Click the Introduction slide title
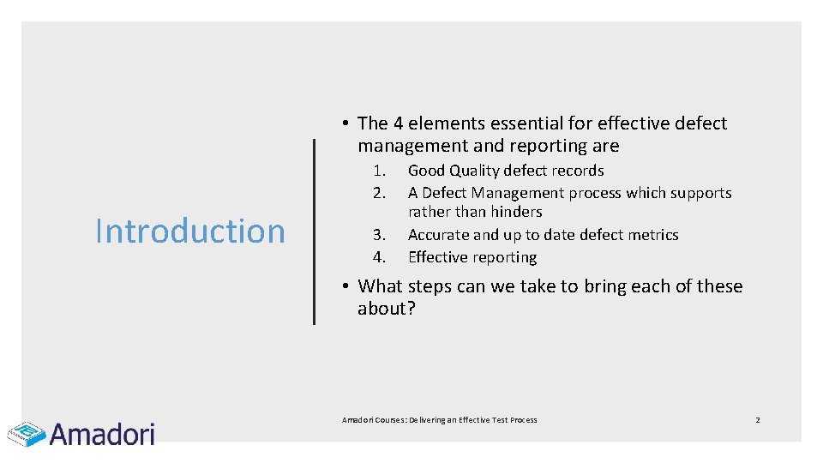189,231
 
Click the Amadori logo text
102,434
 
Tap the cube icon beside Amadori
27,434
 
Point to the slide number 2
757,420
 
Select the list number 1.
381,171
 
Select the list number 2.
381,193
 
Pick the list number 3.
381,235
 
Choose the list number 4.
381,257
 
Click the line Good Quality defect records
506,171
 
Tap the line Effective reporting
472,257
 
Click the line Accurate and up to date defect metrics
543,235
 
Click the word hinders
517,212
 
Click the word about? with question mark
386,309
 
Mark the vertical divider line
314,231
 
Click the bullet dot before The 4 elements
341,123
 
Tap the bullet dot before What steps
341,286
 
